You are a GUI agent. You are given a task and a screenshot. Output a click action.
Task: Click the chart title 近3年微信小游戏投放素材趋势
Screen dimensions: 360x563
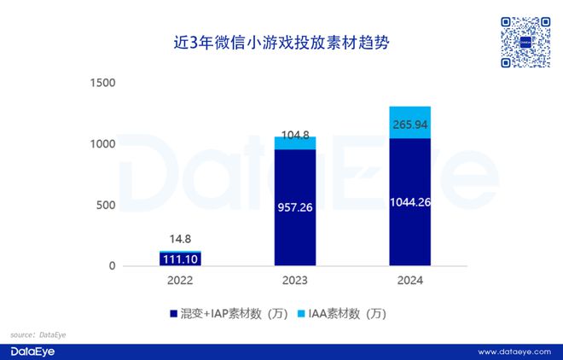(x=281, y=41)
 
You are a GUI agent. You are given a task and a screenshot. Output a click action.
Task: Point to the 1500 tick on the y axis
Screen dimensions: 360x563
(x=101, y=83)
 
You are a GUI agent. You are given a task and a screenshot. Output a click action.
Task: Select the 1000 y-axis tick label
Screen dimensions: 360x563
(x=101, y=143)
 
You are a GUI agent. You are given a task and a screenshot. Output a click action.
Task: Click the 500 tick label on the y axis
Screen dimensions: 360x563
(x=104, y=205)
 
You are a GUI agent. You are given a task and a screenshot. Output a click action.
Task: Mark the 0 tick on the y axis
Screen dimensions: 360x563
(x=111, y=266)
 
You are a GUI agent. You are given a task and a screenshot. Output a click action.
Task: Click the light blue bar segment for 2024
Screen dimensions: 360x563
(x=409, y=122)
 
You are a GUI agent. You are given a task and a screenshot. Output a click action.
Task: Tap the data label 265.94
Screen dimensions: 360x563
(x=409, y=125)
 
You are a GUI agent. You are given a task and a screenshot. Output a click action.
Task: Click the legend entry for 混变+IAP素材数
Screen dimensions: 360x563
(x=227, y=313)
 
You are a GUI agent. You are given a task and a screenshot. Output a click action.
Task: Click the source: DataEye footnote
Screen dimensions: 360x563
(x=38, y=335)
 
